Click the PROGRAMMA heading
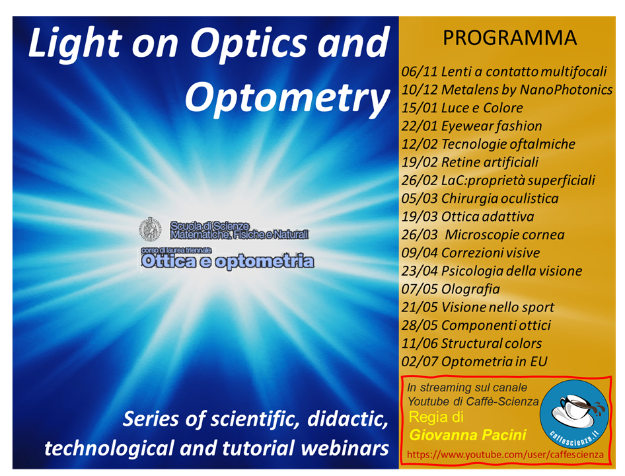(x=510, y=38)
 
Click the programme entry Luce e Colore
(x=482, y=108)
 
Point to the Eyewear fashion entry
(x=492, y=126)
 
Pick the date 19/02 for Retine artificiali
(x=420, y=163)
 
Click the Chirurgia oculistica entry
(x=500, y=199)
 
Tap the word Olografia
(x=470, y=290)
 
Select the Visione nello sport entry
(x=497, y=307)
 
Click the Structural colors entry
(x=492, y=344)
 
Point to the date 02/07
(x=420, y=362)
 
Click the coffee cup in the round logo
(x=576, y=407)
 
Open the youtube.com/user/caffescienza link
(x=505, y=455)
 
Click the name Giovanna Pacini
(x=468, y=435)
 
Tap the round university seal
(x=150, y=229)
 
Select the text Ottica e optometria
(x=227, y=262)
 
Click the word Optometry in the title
(x=287, y=98)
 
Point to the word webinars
(x=345, y=448)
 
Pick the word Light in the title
(x=75, y=43)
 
